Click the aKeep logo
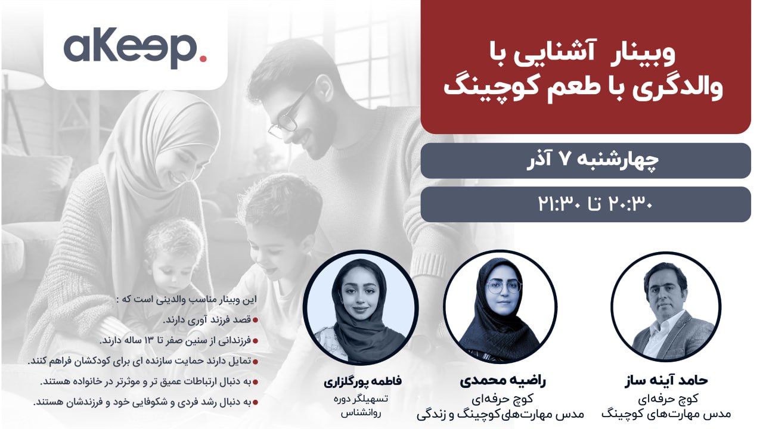(135, 47)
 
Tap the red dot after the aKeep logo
(203, 58)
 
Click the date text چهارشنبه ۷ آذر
(593, 160)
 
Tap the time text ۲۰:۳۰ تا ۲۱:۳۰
(595, 204)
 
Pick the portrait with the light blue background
(361, 307)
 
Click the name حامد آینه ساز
(666, 380)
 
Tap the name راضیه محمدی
(503, 381)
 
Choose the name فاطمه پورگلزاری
(362, 381)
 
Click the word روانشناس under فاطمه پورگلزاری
(361, 414)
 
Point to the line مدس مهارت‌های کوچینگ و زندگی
(500, 414)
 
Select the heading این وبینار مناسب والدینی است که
(186, 300)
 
